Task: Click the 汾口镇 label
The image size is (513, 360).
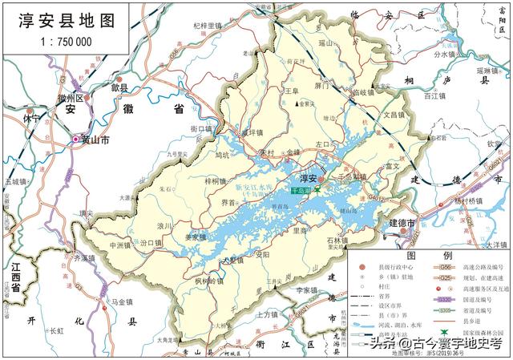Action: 152,241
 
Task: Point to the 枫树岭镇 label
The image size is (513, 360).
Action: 210,281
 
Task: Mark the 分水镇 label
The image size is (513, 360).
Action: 446,55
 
